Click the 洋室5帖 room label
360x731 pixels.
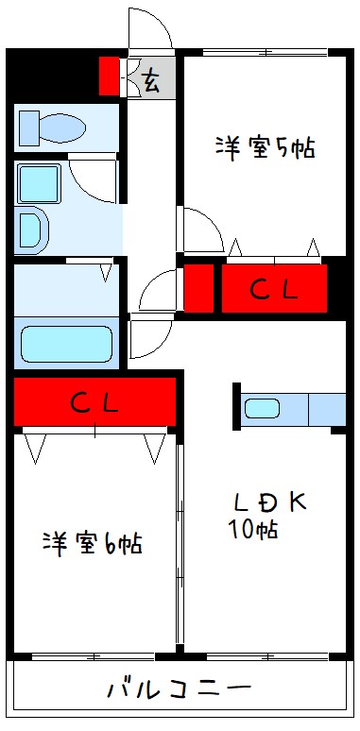[x=265, y=148]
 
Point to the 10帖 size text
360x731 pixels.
[x=253, y=530]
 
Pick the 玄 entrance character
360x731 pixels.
[x=151, y=78]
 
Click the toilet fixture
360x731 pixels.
[x=53, y=127]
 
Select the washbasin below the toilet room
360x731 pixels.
[x=31, y=229]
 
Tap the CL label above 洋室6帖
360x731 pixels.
[x=94, y=403]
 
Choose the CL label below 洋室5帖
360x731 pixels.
[x=273, y=290]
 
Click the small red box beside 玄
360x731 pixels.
[x=110, y=76]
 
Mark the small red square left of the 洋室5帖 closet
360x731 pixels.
[x=198, y=289]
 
